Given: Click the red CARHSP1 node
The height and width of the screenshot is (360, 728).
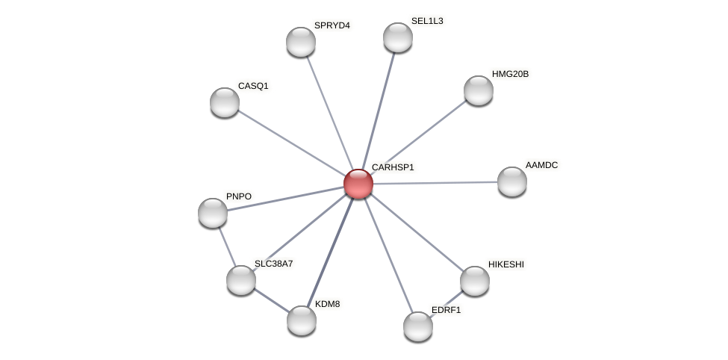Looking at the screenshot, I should (x=358, y=184).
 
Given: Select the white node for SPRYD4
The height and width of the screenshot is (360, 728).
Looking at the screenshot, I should (x=300, y=42).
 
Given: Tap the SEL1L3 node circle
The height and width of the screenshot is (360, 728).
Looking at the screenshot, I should (x=397, y=37).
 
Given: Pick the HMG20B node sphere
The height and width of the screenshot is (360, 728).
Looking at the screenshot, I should (x=478, y=90).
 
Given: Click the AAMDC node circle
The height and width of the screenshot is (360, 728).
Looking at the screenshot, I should (x=511, y=181).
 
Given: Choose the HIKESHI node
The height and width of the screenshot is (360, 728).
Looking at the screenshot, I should (x=474, y=281).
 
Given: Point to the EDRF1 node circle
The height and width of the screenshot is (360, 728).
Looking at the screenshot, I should (x=417, y=326).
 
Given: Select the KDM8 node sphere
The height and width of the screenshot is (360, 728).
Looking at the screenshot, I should (x=301, y=320).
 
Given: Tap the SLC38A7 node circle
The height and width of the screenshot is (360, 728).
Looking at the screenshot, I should (x=240, y=280).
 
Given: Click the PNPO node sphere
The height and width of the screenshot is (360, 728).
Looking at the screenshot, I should (x=213, y=213).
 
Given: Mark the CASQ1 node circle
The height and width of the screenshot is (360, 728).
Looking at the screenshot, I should (x=224, y=102).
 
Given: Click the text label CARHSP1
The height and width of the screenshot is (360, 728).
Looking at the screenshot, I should (x=393, y=167).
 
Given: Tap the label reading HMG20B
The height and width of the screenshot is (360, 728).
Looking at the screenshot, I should (x=510, y=74).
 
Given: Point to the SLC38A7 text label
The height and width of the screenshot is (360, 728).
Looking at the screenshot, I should (x=273, y=264).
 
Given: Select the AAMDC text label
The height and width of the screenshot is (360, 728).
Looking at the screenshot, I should (x=541, y=165).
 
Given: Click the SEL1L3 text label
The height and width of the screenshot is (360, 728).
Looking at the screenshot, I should (x=427, y=21).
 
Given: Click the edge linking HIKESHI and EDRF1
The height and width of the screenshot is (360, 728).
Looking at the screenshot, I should (x=447, y=302).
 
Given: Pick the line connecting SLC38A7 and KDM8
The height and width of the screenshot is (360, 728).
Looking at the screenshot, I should (x=270, y=300).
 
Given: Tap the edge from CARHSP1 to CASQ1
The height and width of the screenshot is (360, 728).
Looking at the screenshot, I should (x=291, y=143).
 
